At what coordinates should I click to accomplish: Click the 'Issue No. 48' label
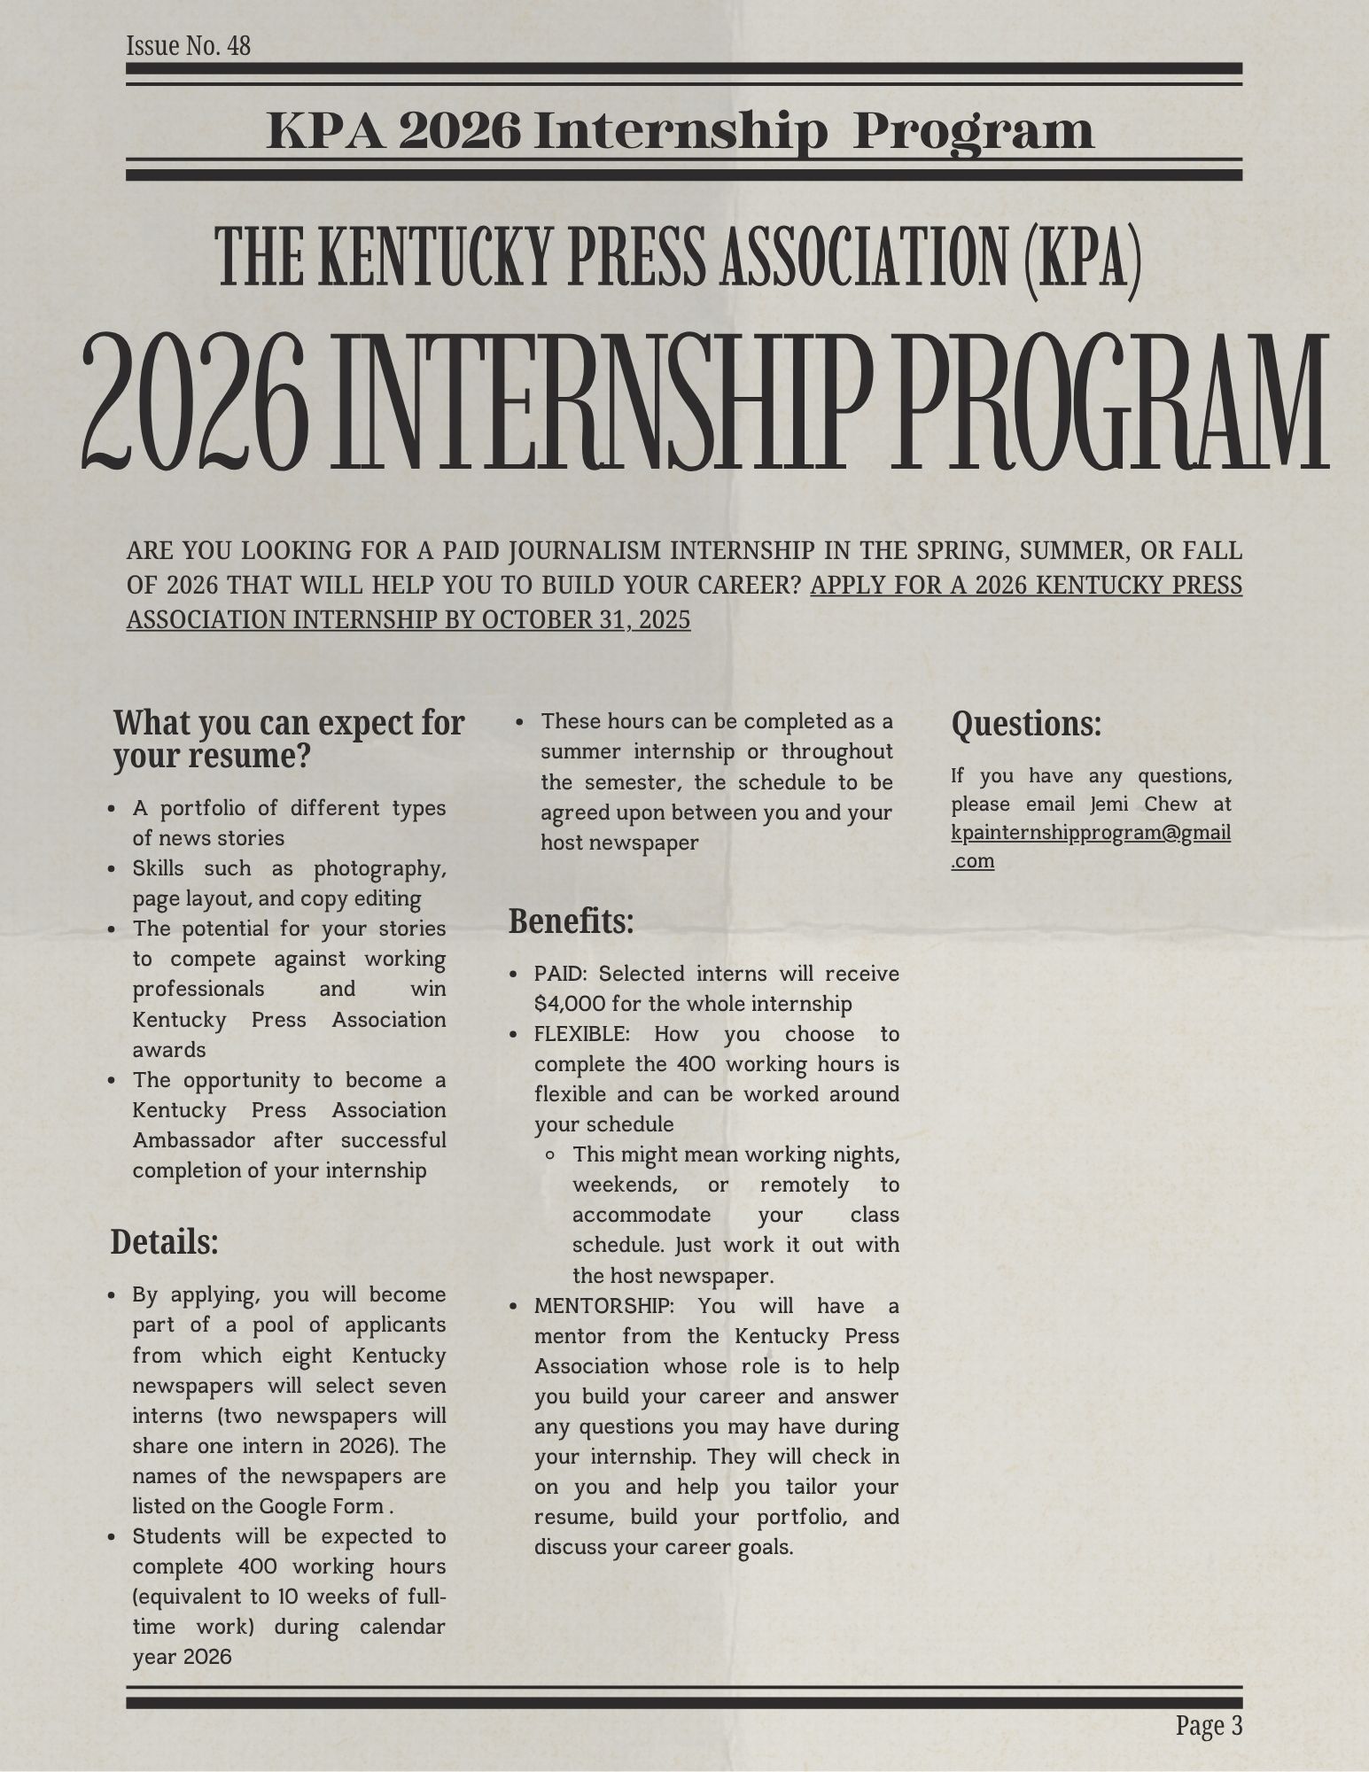click(x=188, y=45)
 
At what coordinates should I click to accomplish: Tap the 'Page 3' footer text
click(x=1210, y=1725)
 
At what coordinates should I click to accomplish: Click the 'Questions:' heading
click(x=1026, y=725)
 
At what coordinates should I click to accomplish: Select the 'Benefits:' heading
click(x=571, y=922)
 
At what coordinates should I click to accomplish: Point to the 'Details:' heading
click(x=164, y=1242)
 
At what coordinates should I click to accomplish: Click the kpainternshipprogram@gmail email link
click(x=1090, y=834)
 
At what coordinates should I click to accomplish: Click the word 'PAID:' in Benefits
click(x=561, y=974)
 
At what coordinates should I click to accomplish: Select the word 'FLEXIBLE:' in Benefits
click(x=581, y=1034)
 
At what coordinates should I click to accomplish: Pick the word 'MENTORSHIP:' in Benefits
click(x=603, y=1306)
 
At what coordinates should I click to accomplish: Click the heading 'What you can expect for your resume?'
click(x=288, y=740)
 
